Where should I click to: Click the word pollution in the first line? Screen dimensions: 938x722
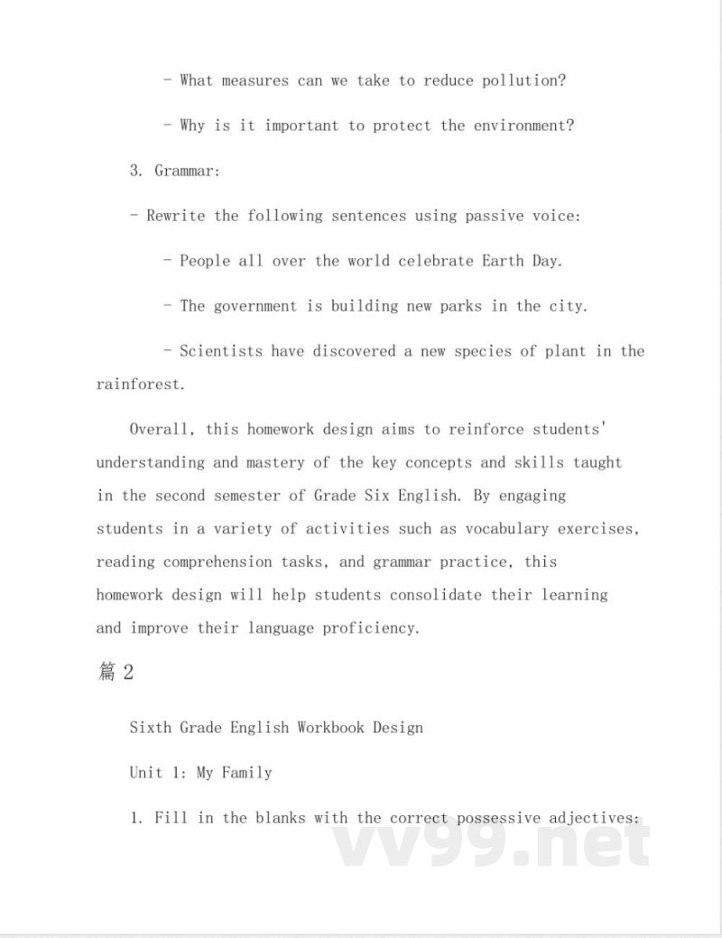tap(524, 80)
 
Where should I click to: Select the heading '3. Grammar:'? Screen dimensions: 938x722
tap(174, 171)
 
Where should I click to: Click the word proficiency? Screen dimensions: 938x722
tap(372, 627)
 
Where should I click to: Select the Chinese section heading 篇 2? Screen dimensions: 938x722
tap(116, 673)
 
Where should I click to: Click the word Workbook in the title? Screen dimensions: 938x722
tap(331, 727)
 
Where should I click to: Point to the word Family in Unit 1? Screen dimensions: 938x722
tap(247, 773)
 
